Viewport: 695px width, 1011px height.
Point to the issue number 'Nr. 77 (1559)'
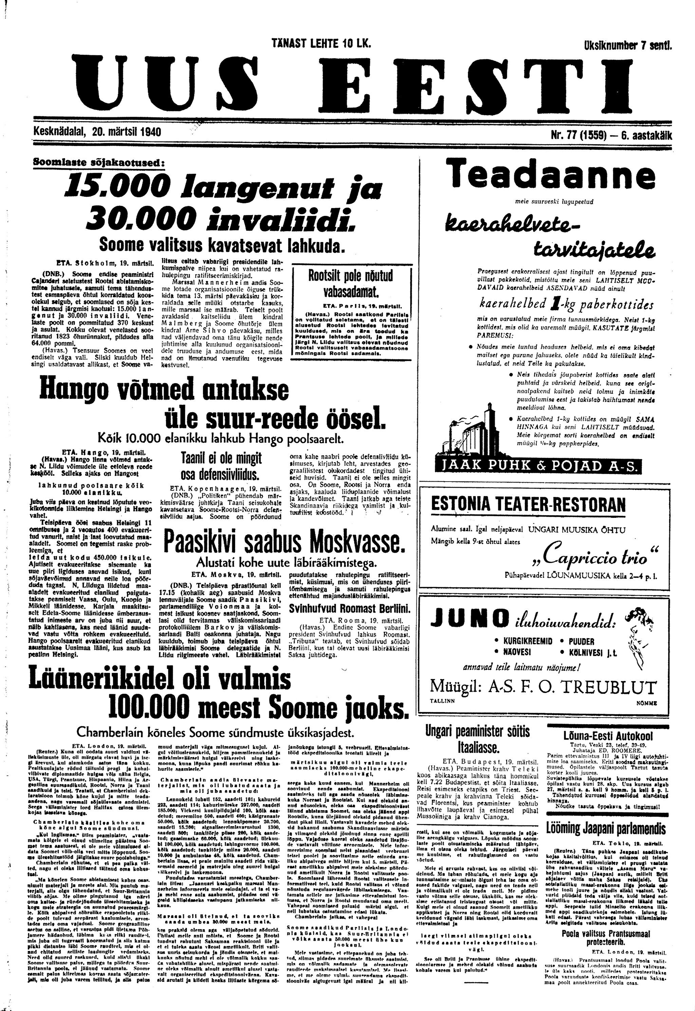579,134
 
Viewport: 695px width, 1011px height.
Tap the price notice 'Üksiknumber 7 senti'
627,45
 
